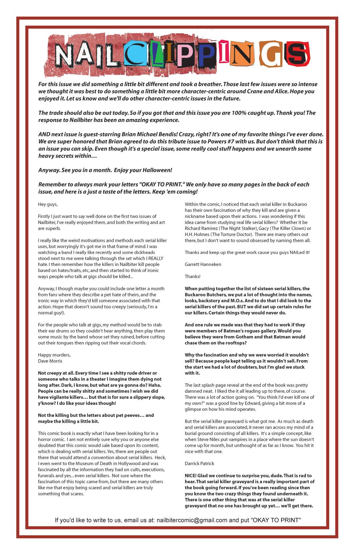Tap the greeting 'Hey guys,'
(48, 204)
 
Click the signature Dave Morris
(50, 361)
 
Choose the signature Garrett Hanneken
(203, 265)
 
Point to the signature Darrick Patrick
(199, 464)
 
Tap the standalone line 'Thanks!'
(192, 276)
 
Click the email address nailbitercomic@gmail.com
(192, 520)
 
